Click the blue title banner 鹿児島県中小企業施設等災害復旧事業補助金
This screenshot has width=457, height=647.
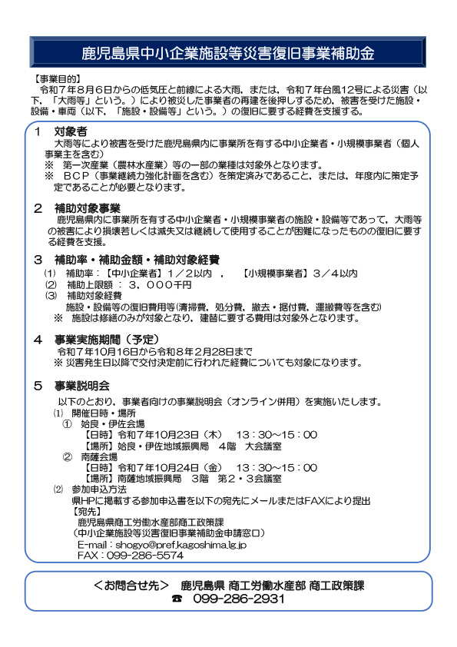pyautogui.click(x=228, y=53)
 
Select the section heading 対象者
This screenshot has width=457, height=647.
pyautogui.click(x=71, y=132)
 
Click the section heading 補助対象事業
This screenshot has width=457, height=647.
pyautogui.click(x=88, y=208)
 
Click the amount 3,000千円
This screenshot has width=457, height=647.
pyautogui.click(x=163, y=284)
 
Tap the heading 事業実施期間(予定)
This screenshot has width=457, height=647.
pyautogui.click(x=106, y=339)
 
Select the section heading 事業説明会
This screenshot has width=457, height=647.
pyautogui.click(x=82, y=385)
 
